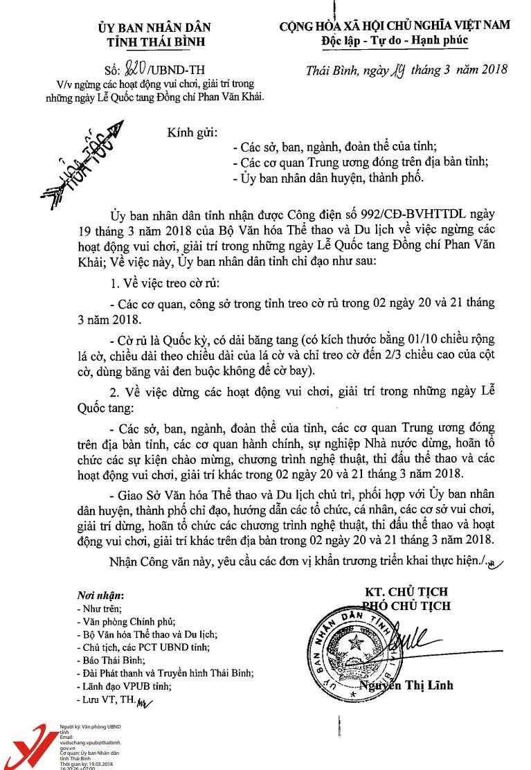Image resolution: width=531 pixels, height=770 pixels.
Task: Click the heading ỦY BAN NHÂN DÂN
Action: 154,27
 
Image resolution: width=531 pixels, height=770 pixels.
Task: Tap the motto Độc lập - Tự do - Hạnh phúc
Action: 395,40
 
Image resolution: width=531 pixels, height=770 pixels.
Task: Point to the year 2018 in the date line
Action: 492,69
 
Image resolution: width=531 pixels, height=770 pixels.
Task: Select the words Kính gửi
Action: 192,132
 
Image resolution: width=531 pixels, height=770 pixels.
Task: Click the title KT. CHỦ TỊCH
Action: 406,592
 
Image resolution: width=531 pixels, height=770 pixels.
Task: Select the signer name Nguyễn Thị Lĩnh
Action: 406,686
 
